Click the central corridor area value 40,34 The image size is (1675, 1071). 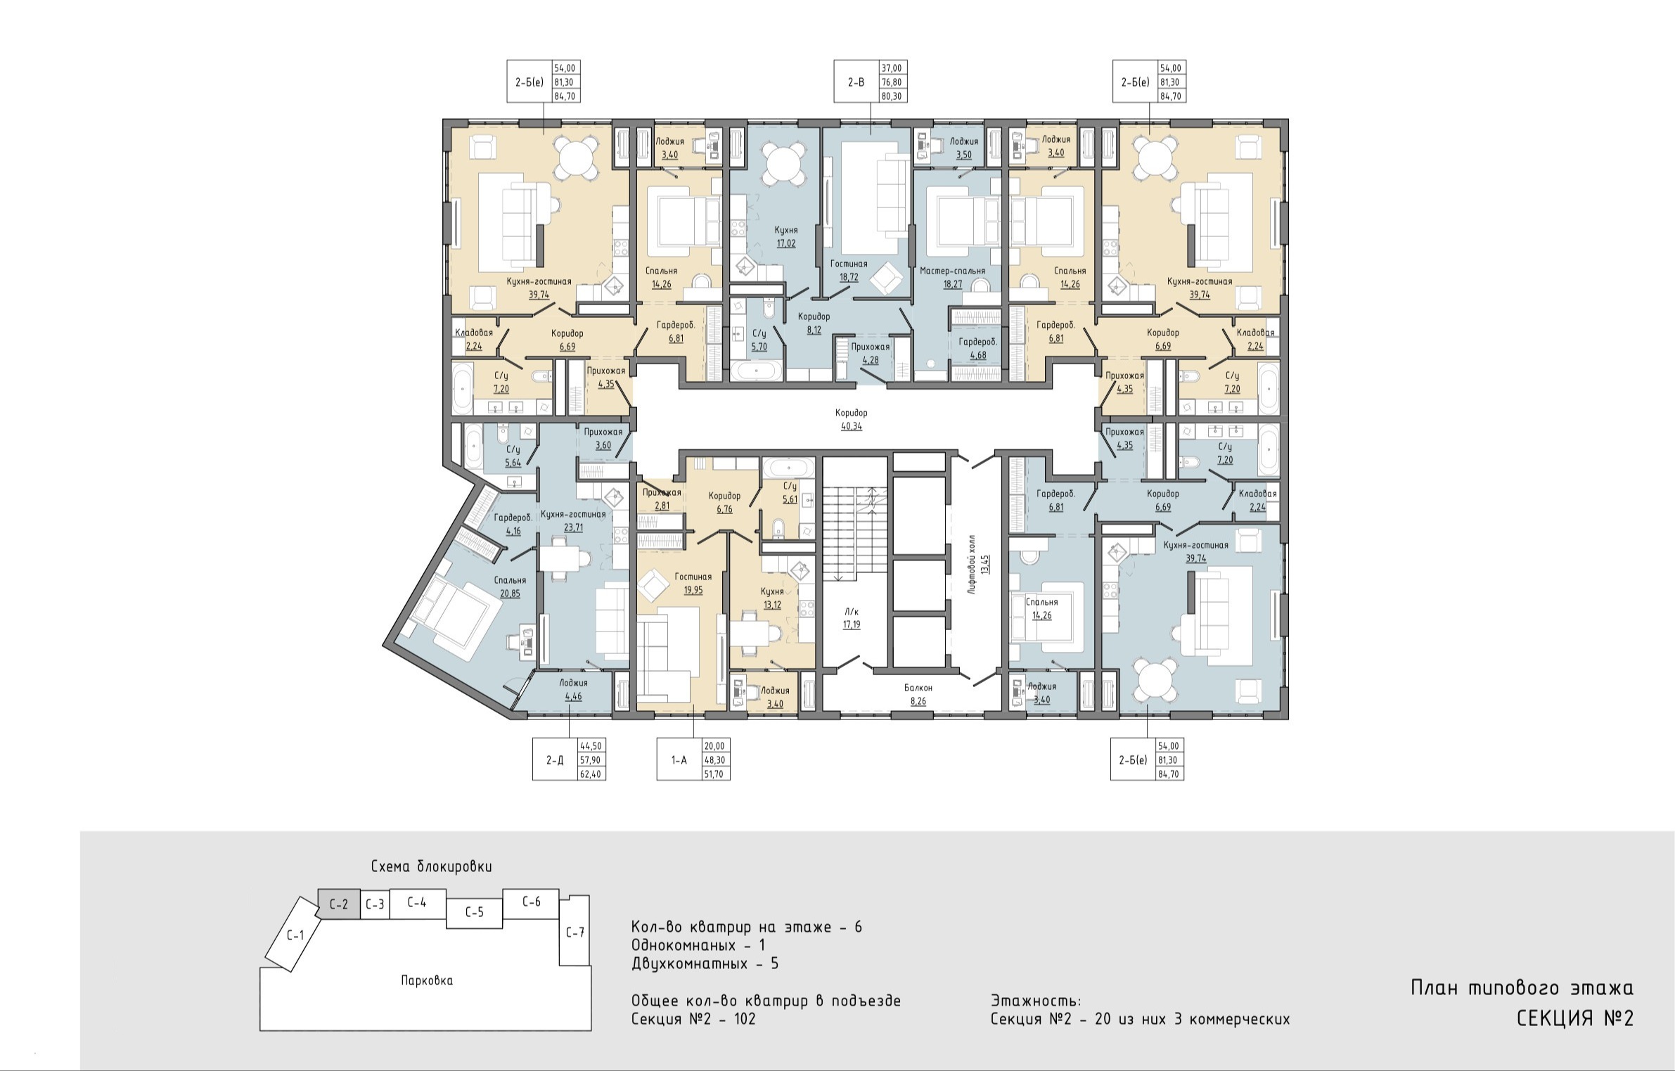[x=851, y=426]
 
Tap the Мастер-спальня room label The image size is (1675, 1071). [x=952, y=271]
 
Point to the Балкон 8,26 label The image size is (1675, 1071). [x=918, y=694]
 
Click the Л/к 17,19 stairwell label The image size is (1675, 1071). [x=852, y=617]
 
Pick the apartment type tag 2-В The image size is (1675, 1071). [x=856, y=82]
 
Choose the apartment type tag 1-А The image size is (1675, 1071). [x=679, y=759]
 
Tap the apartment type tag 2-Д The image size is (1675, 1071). [x=554, y=759]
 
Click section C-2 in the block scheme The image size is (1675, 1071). [x=339, y=904]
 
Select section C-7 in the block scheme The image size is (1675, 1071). [x=575, y=932]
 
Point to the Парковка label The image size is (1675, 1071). [x=427, y=980]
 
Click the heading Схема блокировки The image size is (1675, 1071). [x=432, y=866]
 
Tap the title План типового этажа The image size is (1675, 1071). [x=1522, y=987]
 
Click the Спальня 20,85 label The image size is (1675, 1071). [x=510, y=586]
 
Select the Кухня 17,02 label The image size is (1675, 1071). [x=786, y=237]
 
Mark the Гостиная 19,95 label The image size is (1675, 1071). [x=693, y=583]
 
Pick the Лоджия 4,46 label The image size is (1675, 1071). [x=573, y=689]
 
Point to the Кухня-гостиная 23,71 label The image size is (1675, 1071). [x=573, y=520]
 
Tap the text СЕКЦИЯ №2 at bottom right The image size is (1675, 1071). [x=1575, y=1019]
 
